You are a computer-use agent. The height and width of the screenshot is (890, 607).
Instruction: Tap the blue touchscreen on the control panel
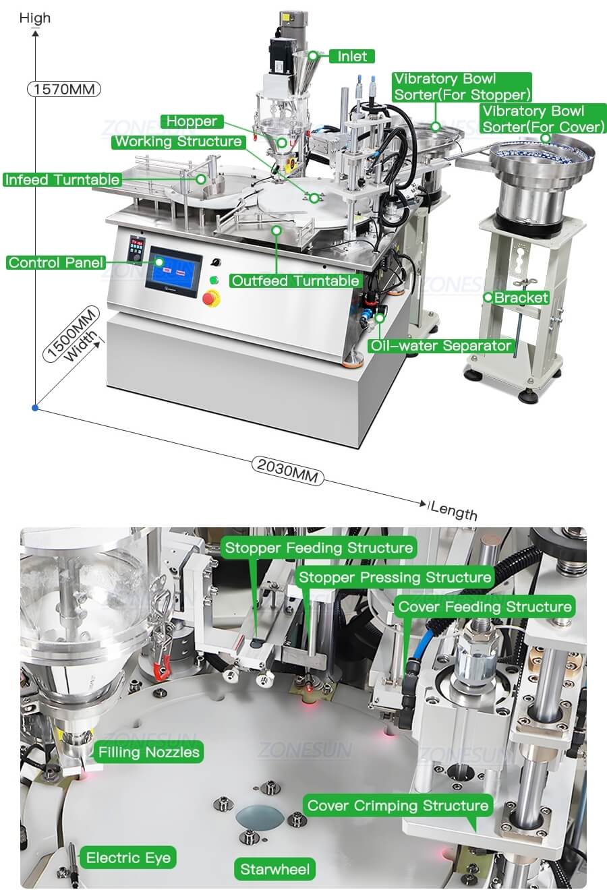point(173,271)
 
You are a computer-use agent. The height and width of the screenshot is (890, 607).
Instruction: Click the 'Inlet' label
point(352,57)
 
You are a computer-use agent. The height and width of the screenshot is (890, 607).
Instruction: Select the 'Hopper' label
point(192,121)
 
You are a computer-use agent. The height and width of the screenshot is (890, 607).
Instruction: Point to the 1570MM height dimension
point(64,89)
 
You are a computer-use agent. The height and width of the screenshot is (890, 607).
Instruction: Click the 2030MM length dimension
point(288,471)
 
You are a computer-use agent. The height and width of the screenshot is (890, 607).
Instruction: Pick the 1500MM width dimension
point(72,334)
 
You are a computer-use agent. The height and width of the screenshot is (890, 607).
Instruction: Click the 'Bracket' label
point(521,297)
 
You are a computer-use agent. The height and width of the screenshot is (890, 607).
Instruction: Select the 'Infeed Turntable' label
point(62,179)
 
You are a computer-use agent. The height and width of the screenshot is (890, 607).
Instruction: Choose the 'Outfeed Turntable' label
point(295,281)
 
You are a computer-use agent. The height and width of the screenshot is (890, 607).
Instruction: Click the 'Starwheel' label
point(274,869)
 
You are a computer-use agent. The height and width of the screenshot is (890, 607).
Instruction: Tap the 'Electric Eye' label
point(128,858)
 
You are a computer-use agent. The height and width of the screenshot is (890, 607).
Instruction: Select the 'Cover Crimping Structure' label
point(398,805)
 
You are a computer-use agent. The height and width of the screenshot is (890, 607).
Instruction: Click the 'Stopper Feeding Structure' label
point(319,548)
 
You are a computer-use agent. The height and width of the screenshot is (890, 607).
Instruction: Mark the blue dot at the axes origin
point(35,408)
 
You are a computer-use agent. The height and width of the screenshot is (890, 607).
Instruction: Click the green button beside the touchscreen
point(214,280)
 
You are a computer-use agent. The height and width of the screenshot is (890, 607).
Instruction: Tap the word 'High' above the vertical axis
point(35,18)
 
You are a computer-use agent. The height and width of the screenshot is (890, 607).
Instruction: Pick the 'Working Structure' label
point(179,142)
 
